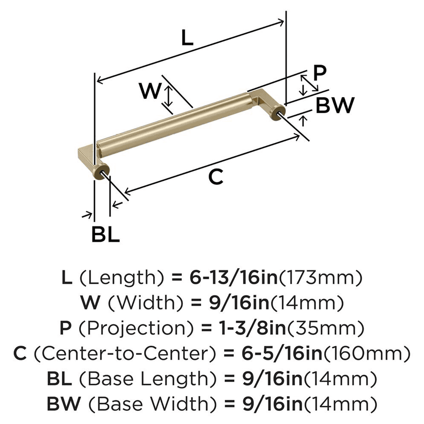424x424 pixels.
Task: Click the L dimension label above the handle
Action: pos(187,39)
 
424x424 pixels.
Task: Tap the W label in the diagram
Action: pos(150,91)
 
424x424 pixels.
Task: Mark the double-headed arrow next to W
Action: pos(168,95)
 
